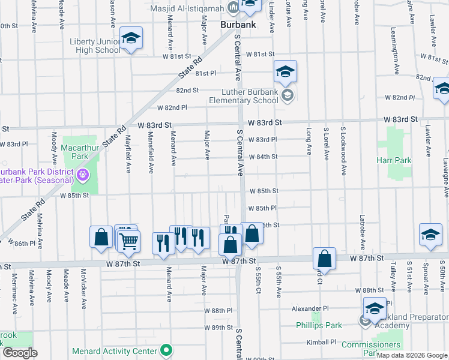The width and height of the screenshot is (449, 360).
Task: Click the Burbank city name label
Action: [x=238, y=25]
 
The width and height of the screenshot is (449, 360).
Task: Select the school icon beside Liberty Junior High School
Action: [x=130, y=39]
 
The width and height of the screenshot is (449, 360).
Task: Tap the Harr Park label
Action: [x=394, y=160]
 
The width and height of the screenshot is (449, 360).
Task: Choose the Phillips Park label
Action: [x=319, y=325]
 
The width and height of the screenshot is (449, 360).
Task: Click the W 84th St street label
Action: [x=262, y=157]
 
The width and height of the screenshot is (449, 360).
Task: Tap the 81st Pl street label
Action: [x=205, y=73]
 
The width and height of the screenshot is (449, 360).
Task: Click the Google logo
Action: [x=19, y=352]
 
